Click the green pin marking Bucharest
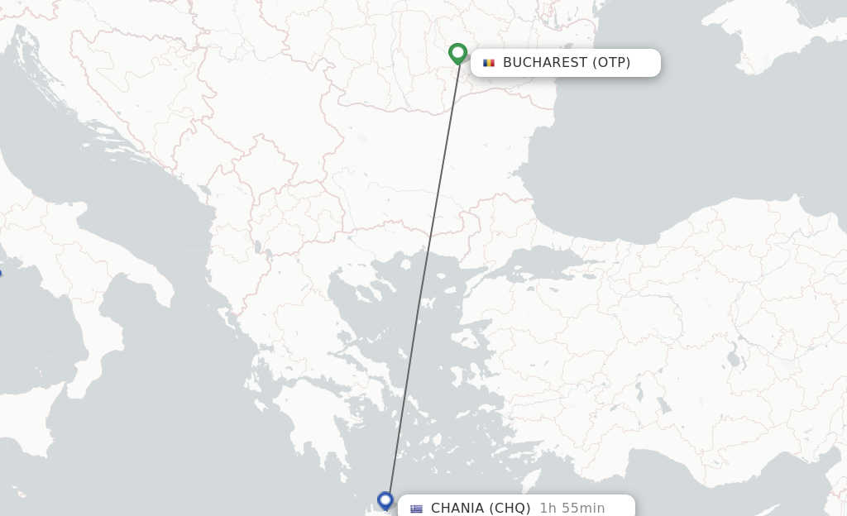click(x=457, y=54)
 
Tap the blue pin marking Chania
click(x=385, y=500)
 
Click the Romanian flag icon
click(x=489, y=63)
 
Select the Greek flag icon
click(x=416, y=509)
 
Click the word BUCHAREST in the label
click(x=544, y=63)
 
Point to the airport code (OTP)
click(x=611, y=63)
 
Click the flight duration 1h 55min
click(x=572, y=508)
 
